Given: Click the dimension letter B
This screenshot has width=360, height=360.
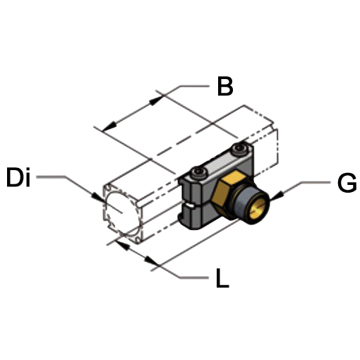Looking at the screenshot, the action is pyautogui.click(x=225, y=86).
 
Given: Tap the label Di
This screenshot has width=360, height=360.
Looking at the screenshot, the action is pyautogui.click(x=18, y=177).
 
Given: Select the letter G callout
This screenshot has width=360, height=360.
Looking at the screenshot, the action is pyautogui.click(x=347, y=184).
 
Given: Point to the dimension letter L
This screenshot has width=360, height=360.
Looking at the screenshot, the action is pyautogui.click(x=222, y=278).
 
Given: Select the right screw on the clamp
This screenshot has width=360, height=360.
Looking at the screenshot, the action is pyautogui.click(x=239, y=150).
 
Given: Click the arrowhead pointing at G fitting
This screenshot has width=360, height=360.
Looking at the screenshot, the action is pyautogui.click(x=277, y=196).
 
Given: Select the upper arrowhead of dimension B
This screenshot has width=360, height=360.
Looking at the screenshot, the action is pyautogui.click(x=156, y=100).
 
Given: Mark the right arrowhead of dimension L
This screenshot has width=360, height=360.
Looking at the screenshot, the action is pyautogui.click(x=151, y=260).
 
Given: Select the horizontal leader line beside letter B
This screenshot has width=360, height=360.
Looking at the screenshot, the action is pyautogui.click(x=194, y=86).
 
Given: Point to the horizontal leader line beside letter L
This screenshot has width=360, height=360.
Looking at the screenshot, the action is pyautogui.click(x=193, y=277).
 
